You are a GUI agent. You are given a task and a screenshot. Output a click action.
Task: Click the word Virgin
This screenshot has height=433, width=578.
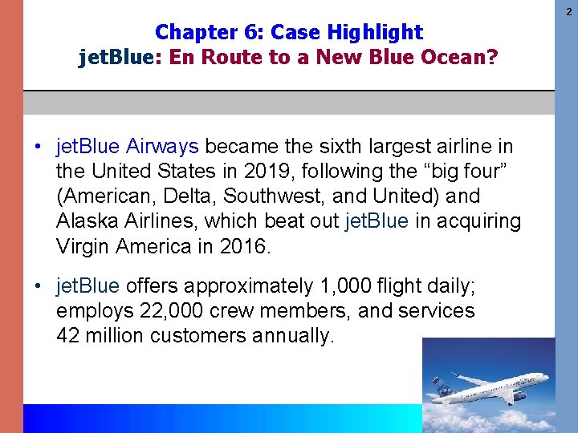pos(83,246)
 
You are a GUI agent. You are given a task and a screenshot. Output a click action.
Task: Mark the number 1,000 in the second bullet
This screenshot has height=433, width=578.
pos(339,286)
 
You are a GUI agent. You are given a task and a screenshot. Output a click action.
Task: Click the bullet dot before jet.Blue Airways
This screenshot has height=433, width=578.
pos(38,148)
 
